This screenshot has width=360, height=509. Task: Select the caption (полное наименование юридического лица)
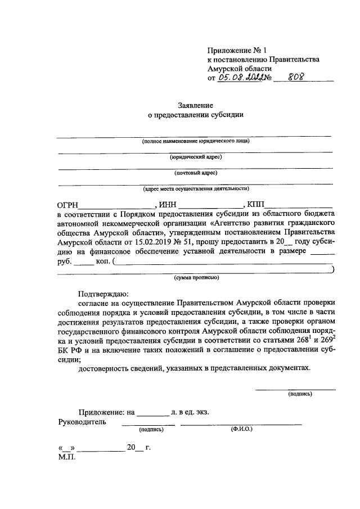(x=196, y=141)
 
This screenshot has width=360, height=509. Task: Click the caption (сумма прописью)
(x=196, y=277)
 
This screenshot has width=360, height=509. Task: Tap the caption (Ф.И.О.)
(x=241, y=429)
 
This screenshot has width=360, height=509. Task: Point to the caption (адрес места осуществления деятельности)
(x=196, y=189)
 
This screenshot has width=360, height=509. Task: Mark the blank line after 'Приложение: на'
(x=153, y=414)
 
